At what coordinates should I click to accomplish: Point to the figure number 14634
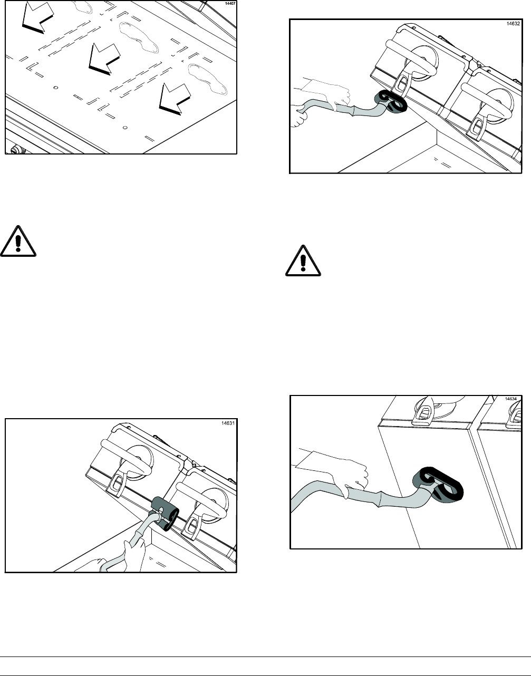pyautogui.click(x=510, y=399)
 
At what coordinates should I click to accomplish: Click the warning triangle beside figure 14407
pyautogui.click(x=18, y=242)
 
